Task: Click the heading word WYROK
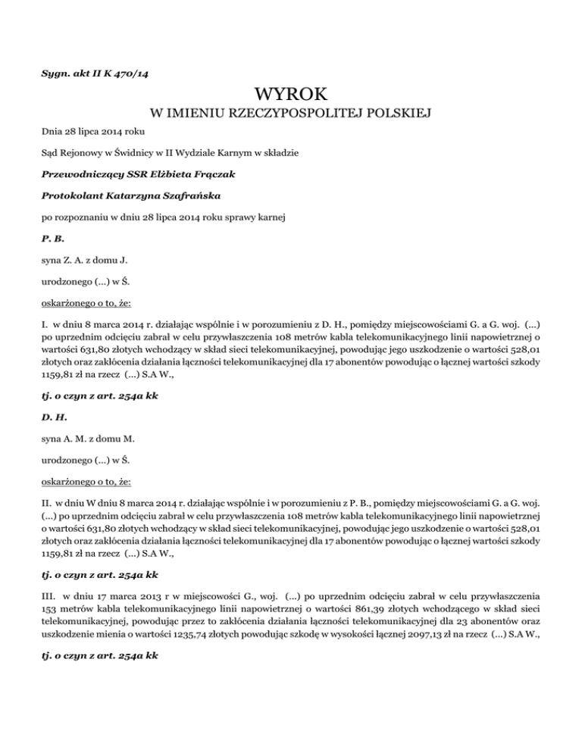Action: (x=292, y=96)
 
